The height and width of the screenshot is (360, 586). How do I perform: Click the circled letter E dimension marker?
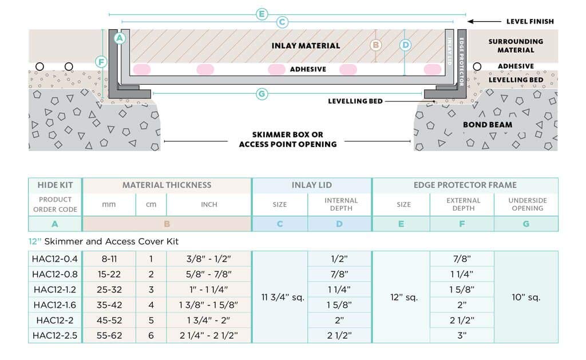[262, 14]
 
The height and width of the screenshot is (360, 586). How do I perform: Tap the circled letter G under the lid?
[262, 94]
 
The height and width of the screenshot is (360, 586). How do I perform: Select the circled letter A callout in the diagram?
[120, 38]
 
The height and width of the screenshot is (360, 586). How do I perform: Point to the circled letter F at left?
[101, 62]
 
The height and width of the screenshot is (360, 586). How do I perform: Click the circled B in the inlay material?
[375, 45]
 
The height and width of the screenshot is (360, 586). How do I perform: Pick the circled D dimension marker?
[405, 45]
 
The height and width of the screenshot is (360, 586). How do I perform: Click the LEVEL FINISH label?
[530, 22]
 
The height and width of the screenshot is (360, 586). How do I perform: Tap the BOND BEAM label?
[488, 125]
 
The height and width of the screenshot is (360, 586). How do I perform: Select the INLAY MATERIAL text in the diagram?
[306, 46]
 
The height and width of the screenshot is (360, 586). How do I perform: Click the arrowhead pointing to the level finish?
[470, 22]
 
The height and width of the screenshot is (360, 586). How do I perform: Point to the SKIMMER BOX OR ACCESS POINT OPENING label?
[288, 140]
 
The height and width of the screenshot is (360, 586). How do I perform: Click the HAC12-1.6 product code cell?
[54, 305]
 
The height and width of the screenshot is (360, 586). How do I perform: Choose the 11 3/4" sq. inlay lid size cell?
[283, 298]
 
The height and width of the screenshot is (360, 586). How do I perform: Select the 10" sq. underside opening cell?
[526, 298]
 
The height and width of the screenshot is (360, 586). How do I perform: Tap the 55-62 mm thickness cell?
[109, 336]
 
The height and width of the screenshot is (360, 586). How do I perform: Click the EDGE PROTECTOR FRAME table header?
[465, 185]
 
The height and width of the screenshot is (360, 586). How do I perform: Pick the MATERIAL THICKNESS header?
[167, 185]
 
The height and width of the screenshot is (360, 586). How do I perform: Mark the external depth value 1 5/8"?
[462, 290]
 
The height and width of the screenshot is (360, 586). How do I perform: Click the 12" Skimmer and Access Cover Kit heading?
[104, 242]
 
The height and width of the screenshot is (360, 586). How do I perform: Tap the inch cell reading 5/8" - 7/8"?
[208, 274]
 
